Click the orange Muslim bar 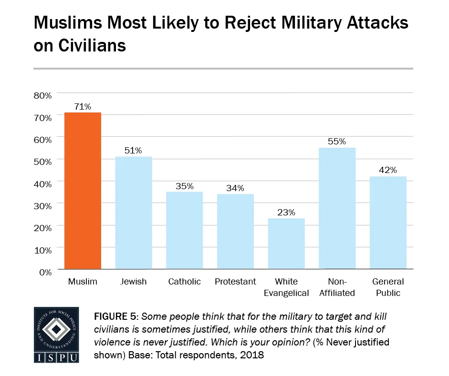83,191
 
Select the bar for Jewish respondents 133,213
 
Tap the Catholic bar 184,230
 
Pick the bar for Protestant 235,231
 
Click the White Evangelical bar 286,244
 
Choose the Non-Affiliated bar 337,208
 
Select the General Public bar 388,223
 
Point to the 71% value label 83,107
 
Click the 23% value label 286,213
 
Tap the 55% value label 337,142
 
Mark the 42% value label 388,170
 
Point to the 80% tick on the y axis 42,95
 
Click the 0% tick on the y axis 45,272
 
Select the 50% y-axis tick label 42,162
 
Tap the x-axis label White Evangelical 286,287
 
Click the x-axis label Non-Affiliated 337,287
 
